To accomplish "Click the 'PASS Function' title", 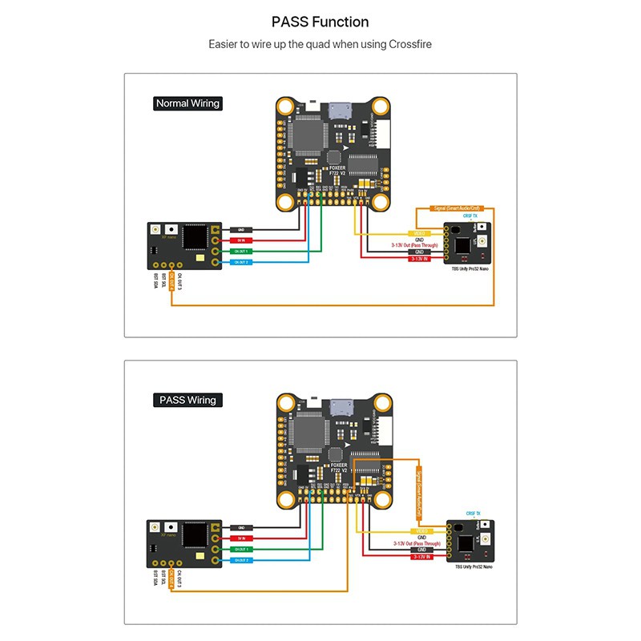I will tap(320, 22).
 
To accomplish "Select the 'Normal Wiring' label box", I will tap(187, 103).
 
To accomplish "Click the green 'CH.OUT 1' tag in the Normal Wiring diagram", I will tap(241, 251).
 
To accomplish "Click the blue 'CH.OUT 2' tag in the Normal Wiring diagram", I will tap(241, 262).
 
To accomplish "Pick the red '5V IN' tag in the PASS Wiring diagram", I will tap(241, 538).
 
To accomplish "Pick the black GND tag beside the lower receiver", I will tap(241, 527).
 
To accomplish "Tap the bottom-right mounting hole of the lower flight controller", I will tap(377, 498).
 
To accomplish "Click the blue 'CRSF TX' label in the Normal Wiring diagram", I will tap(470, 216).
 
